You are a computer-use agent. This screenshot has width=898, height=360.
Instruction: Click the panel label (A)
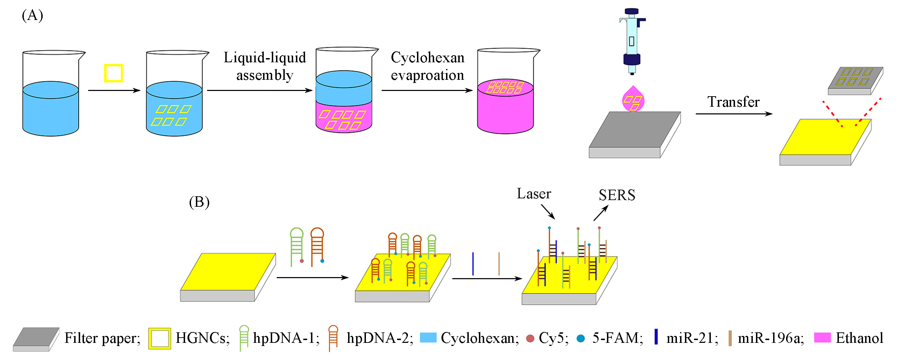[32, 16]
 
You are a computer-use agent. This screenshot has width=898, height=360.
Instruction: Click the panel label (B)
[199, 203]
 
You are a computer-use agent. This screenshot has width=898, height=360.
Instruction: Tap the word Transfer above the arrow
[733, 102]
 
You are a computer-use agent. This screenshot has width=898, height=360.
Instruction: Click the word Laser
[534, 194]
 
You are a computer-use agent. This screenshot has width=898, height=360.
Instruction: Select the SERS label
[617, 195]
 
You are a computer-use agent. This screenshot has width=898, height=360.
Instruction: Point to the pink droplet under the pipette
[633, 99]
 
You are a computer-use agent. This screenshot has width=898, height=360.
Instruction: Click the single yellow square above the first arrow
[113, 73]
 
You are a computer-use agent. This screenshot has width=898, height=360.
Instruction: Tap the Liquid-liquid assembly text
[265, 66]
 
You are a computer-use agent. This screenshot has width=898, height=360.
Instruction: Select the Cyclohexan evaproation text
[427, 66]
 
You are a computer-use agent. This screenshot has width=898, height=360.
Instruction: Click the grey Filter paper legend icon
[36, 339]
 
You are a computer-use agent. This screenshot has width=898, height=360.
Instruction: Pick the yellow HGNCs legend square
[160, 338]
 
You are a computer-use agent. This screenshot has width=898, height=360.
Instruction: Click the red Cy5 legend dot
[530, 339]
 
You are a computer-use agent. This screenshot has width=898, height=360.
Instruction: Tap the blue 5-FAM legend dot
[581, 339]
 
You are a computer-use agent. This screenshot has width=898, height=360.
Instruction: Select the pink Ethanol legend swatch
[822, 338]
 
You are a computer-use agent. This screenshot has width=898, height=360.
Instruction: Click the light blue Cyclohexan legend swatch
[428, 338]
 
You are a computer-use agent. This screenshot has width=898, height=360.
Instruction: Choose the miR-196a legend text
[771, 338]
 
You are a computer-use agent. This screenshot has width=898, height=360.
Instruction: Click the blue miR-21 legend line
[656, 337]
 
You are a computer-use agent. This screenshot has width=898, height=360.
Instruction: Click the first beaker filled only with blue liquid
[51, 101]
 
